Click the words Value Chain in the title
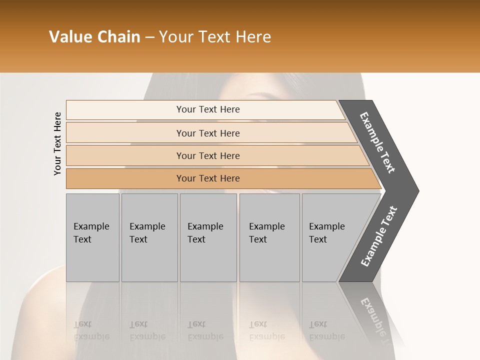point(94,37)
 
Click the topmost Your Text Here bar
point(208,109)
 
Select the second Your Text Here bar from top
point(208,133)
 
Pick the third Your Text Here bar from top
point(208,155)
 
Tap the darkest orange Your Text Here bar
point(208,178)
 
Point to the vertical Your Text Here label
point(58,143)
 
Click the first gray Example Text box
point(92,237)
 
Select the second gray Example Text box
point(149,237)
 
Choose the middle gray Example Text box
point(208,237)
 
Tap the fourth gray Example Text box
point(269,237)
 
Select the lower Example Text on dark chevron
point(378,236)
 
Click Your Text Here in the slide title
point(215,37)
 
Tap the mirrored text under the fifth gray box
point(326,330)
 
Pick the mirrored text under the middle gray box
point(205,330)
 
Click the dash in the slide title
point(149,37)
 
